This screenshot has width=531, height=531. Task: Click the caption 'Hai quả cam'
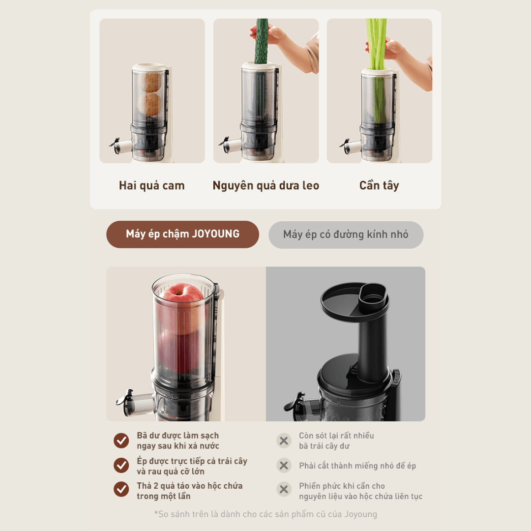click(152, 185)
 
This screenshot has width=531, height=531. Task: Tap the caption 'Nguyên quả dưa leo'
click(266, 185)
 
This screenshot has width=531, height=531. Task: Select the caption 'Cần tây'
click(379, 185)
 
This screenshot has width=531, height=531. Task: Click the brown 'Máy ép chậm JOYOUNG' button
click(182, 235)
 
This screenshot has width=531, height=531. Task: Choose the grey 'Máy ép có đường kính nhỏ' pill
click(346, 235)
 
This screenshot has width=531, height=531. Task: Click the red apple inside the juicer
click(182, 308)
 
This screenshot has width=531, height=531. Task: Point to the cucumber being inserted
click(262, 41)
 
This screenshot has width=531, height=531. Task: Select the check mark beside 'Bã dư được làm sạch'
click(121, 441)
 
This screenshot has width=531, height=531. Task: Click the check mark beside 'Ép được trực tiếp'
click(121, 465)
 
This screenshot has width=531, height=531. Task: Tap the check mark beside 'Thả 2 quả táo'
click(121, 489)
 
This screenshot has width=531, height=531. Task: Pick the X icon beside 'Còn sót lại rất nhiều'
click(284, 441)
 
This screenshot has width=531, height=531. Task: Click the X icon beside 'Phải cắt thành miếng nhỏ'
click(284, 465)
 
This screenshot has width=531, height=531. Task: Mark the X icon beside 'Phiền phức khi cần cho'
click(284, 489)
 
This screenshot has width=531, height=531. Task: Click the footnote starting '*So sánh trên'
click(265, 514)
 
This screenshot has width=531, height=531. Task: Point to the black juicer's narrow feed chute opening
click(373, 296)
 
